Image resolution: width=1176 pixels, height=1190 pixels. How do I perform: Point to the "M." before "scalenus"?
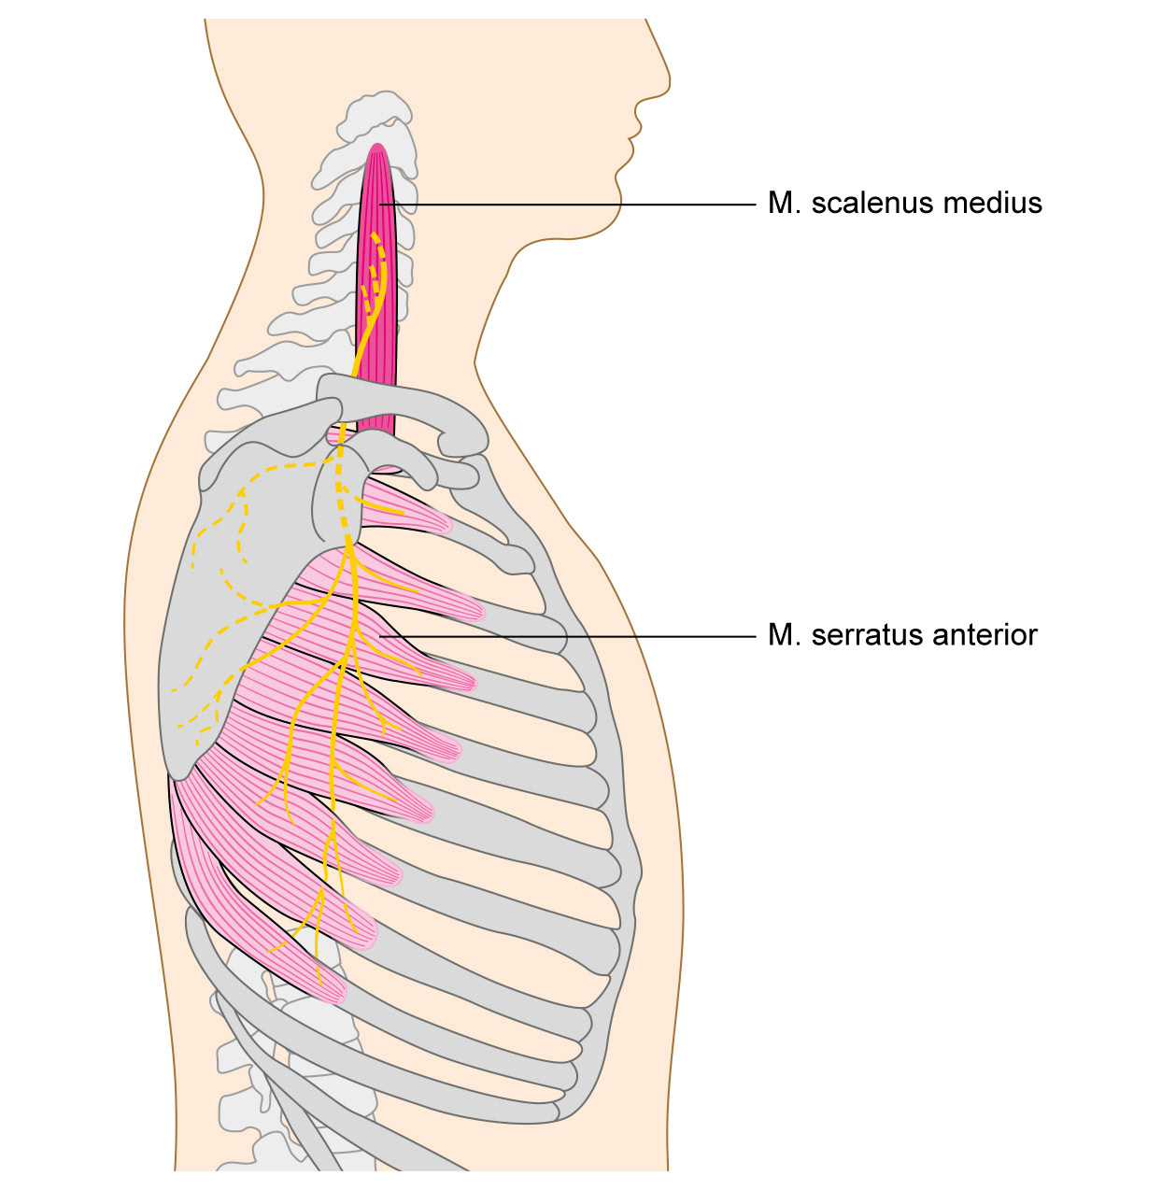pyautogui.click(x=783, y=204)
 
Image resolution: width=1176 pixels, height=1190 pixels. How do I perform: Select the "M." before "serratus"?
pyautogui.click(x=783, y=635)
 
